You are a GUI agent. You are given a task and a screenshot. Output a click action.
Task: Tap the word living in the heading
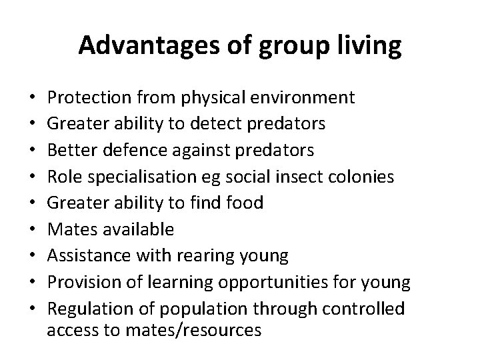pyautogui.click(x=367, y=46)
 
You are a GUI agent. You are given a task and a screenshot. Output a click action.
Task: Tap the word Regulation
pyautogui.click(x=89, y=309)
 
